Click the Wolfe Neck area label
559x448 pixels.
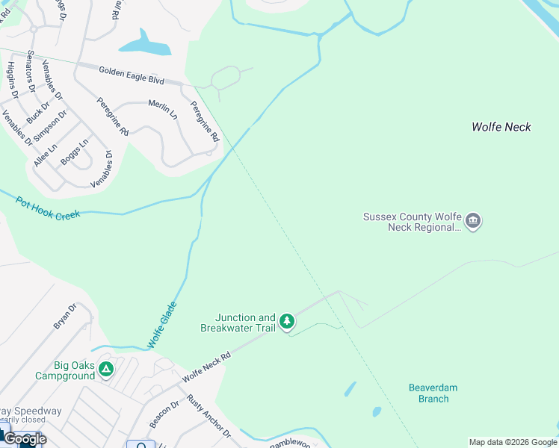coord(501,127)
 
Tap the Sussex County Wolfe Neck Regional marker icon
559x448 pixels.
coord(473,221)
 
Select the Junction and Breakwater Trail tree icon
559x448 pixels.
coord(287,322)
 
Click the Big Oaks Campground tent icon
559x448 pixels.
coord(107,369)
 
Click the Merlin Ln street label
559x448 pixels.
coord(163,109)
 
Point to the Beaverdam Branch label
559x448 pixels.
coord(433,393)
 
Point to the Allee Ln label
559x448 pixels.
coord(46,153)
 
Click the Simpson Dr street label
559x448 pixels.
coord(54,124)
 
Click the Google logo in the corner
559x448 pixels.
coord(25,438)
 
